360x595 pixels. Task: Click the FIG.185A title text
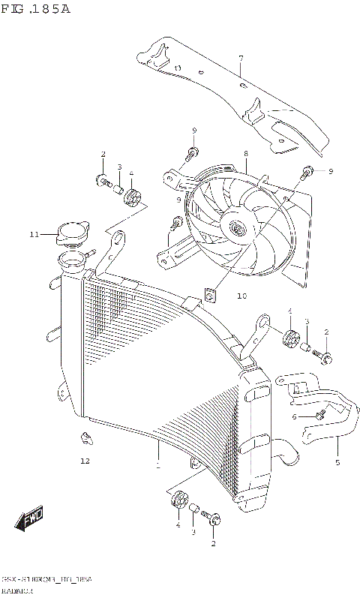click(x=35, y=10)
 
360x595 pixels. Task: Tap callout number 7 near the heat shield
click(x=241, y=59)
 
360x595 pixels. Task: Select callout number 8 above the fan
click(x=245, y=154)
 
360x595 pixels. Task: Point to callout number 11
click(x=34, y=235)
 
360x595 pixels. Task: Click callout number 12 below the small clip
click(x=85, y=461)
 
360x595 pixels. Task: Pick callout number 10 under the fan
click(x=220, y=296)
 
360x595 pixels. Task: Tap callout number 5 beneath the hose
click(x=337, y=462)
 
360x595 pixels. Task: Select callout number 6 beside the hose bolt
click(x=295, y=416)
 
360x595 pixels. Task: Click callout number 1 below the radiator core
click(x=157, y=466)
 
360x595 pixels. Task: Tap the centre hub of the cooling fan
click(x=238, y=229)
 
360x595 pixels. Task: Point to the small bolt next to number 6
click(x=320, y=413)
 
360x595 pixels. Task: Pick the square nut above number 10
click(x=210, y=294)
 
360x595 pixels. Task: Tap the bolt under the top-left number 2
click(x=101, y=179)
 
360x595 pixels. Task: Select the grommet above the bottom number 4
click(x=178, y=501)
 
